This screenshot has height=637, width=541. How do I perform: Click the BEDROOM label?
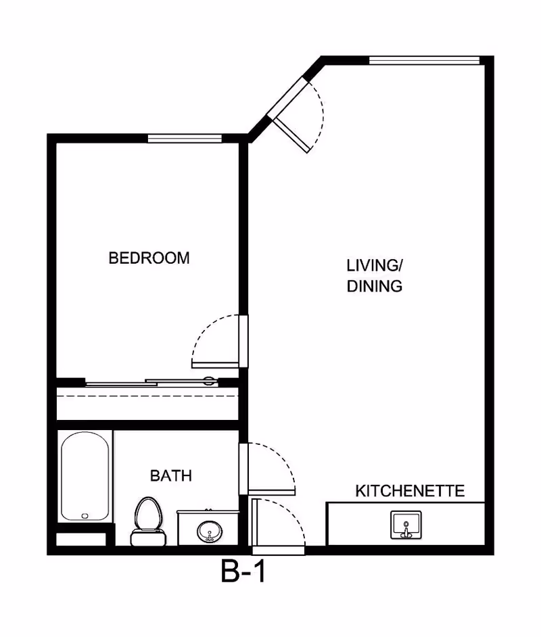(149, 258)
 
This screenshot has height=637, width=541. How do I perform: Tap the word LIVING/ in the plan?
(375, 265)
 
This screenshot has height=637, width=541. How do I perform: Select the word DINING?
(375, 286)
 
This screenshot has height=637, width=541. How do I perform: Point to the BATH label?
(171, 475)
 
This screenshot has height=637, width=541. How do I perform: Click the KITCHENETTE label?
(410, 491)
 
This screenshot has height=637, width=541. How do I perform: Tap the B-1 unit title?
(243, 571)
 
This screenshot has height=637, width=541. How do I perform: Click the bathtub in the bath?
(85, 477)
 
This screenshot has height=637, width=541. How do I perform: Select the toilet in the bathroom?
(148, 521)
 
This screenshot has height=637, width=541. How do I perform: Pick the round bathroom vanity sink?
(210, 532)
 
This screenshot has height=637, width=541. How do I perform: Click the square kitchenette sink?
(406, 525)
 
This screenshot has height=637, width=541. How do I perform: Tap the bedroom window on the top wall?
(185, 139)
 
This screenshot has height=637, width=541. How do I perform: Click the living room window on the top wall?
(425, 61)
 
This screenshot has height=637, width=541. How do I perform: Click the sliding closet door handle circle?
(208, 381)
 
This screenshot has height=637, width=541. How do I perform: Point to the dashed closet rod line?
(147, 396)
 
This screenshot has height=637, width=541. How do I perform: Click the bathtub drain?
(85, 515)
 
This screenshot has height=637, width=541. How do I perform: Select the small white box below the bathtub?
(81, 540)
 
